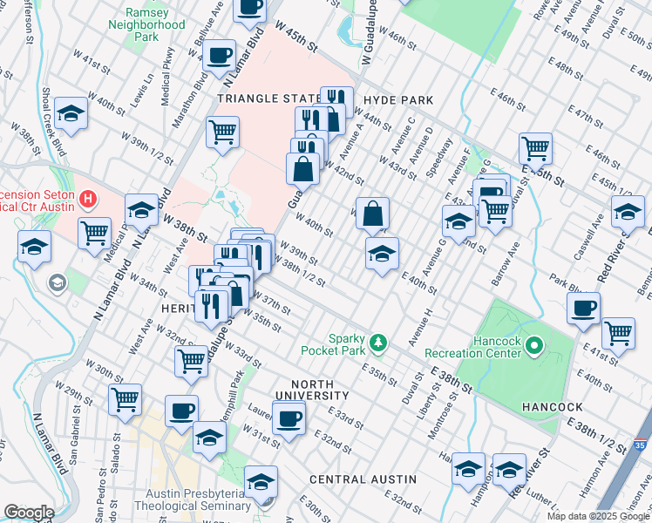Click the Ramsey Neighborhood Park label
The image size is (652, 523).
pyautogui.click(x=146, y=25)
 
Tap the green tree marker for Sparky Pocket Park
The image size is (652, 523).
pyautogui.click(x=378, y=339)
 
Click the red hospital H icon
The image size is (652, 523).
pyautogui.click(x=87, y=200)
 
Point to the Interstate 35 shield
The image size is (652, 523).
pyautogui.click(x=641, y=445)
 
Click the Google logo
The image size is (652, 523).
pyautogui.click(x=29, y=513)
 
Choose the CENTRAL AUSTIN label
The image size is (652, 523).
pyautogui.click(x=363, y=479)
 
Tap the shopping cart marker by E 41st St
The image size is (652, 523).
pyautogui.click(x=618, y=332)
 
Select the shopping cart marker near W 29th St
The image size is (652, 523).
pyautogui.click(x=126, y=399)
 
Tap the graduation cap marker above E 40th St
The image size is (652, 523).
pyautogui.click(x=382, y=254)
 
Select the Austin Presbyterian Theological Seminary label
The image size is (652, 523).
pyautogui.click(x=192, y=505)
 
